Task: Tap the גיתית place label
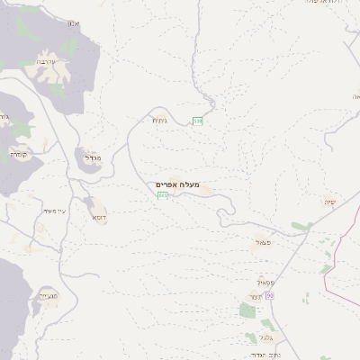pos(159,120)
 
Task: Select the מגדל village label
pos(93,157)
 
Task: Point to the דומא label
pos(97,217)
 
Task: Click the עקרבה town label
pos(48,62)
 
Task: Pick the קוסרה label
pos(20,154)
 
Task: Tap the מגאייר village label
pos(48,294)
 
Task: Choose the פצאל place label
pos(263,243)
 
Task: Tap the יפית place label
pos(330,202)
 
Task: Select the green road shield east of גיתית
pos(197,121)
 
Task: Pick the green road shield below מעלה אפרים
pos(162,195)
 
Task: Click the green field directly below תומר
pos(247,311)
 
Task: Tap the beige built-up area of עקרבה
pos(54,83)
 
